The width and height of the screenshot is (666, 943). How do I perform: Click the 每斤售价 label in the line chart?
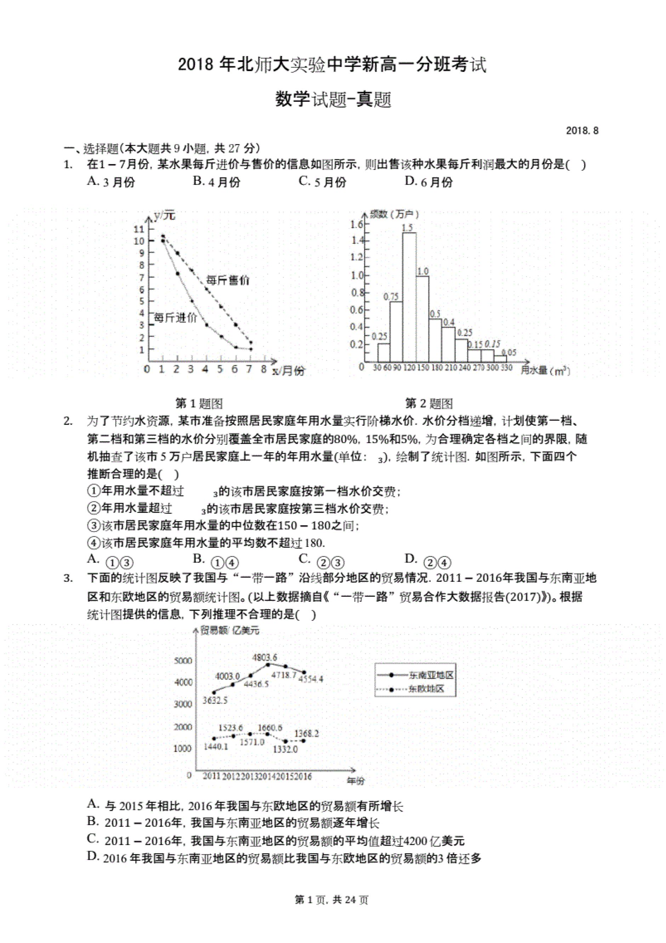pos(228,281)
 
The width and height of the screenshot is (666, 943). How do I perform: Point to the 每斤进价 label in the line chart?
pos(175,318)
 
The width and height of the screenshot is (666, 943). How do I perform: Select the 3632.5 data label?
pos(215,700)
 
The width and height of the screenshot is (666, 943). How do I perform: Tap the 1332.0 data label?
pos(285,749)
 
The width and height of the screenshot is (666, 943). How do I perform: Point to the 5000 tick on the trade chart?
pos(183,661)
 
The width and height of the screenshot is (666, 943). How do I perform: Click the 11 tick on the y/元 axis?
pos(139,229)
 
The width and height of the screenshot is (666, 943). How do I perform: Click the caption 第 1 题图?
pos(199,403)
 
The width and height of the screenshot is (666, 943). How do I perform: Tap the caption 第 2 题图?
pos(429,403)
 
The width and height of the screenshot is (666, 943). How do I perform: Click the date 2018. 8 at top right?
pos(582,131)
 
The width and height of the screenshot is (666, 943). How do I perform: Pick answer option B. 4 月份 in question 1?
pos(217,181)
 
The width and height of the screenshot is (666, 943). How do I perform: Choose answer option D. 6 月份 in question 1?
pos(428,181)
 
